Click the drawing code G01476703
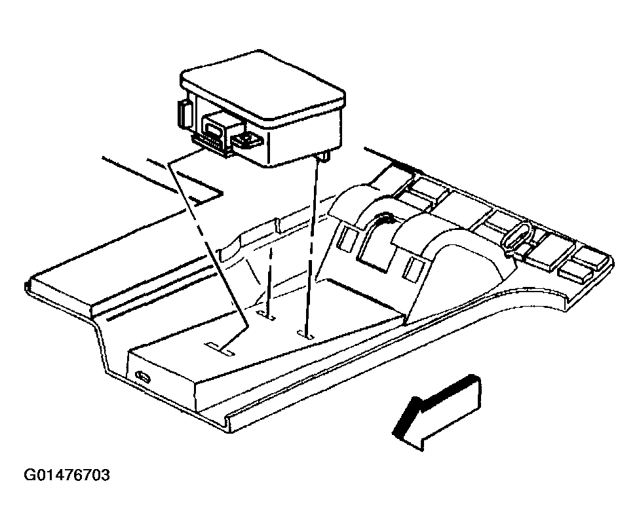coord(67,474)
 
